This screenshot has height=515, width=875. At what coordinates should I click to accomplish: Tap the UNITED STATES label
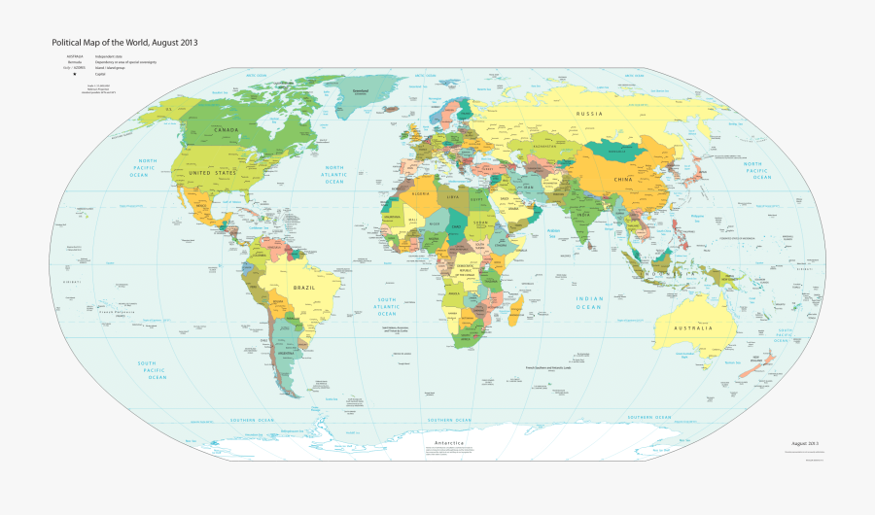click(x=212, y=172)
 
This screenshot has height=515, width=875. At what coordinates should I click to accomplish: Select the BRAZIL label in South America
click(x=304, y=289)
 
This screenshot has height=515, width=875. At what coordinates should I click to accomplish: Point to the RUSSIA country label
click(x=590, y=115)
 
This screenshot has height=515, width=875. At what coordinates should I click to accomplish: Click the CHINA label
click(x=622, y=180)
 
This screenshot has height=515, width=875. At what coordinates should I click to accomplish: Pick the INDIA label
click(x=582, y=214)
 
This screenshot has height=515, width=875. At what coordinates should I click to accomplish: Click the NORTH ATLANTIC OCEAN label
click(x=334, y=174)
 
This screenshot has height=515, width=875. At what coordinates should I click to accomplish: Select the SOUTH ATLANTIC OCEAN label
click(x=387, y=306)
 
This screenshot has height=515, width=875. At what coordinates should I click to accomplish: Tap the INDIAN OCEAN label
click(x=589, y=302)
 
